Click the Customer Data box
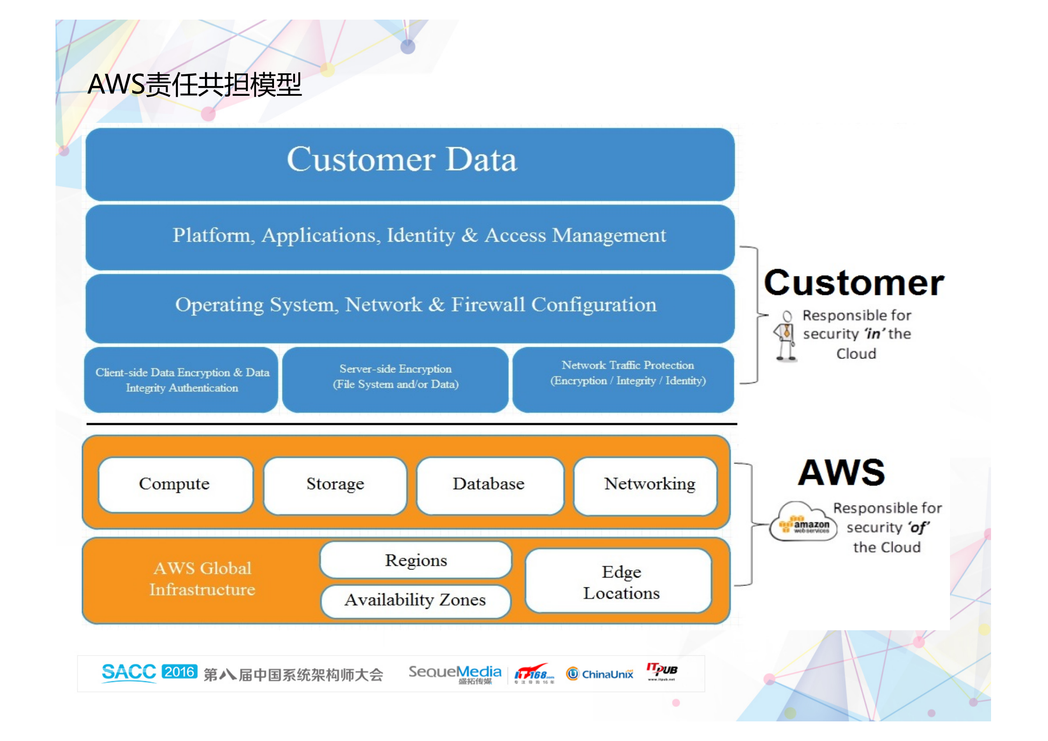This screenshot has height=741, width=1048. (x=410, y=164)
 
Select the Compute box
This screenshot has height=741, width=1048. (x=175, y=484)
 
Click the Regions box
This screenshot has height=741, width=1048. (x=415, y=560)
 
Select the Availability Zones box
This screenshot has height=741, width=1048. (x=415, y=600)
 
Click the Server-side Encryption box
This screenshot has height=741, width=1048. (x=395, y=379)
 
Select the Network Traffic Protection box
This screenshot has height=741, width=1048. (x=623, y=379)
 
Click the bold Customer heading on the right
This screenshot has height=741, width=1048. (x=853, y=283)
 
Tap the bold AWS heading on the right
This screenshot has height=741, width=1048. (x=841, y=473)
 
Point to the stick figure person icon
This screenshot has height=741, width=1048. (x=786, y=336)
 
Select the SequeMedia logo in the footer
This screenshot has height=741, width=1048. (x=455, y=673)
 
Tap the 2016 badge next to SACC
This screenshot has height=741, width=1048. (x=179, y=672)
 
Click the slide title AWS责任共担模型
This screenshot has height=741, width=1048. (x=195, y=85)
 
